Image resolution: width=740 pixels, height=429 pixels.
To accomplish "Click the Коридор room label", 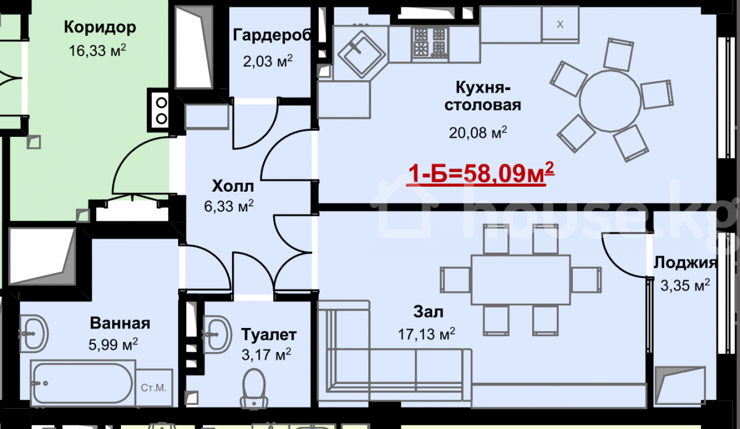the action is pyautogui.click(x=100, y=28).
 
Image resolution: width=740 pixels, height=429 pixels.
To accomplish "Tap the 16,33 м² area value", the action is pyautogui.click(x=97, y=51).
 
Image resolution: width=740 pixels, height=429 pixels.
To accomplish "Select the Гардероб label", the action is pyautogui.click(x=272, y=35).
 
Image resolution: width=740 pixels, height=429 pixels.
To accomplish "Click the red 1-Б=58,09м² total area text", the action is pyautogui.click(x=481, y=173).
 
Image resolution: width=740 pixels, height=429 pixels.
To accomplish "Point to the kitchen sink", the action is pyautogui.click(x=362, y=54).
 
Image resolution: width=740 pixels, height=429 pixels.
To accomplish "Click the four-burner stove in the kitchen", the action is pyautogui.click(x=430, y=43).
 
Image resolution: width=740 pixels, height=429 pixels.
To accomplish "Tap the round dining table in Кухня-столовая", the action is pyautogui.click(x=610, y=100).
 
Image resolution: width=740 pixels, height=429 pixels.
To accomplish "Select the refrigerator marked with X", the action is pyautogui.click(x=560, y=25).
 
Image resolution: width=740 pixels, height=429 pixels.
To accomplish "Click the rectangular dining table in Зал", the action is pyautogui.click(x=520, y=280).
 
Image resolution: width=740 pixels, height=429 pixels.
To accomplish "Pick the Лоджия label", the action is pyautogui.click(x=685, y=263).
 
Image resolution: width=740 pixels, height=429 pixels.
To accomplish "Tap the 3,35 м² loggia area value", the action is pyautogui.click(x=685, y=285).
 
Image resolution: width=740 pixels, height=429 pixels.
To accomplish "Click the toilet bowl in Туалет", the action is pyautogui.click(x=253, y=389).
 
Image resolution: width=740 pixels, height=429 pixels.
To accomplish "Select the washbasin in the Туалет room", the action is pyautogui.click(x=217, y=335).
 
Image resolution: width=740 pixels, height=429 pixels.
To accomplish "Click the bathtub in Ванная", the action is pyautogui.click(x=83, y=383).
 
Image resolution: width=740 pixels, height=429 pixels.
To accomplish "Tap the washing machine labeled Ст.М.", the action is pyautogui.click(x=154, y=388).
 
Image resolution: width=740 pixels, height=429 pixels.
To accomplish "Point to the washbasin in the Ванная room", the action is pyautogui.click(x=34, y=333).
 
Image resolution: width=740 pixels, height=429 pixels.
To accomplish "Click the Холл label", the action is pyautogui.click(x=233, y=186).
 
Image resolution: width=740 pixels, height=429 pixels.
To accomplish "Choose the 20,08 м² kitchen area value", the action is pyautogui.click(x=478, y=133).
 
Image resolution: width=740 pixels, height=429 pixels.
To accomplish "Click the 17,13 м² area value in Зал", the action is pyautogui.click(x=427, y=334).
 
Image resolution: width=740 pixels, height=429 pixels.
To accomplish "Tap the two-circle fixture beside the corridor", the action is pyautogui.click(x=161, y=110).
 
